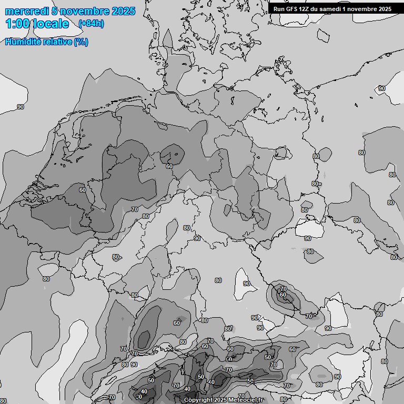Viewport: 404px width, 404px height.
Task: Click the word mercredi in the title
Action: [25, 11]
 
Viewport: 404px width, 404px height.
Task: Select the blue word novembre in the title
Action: [82, 11]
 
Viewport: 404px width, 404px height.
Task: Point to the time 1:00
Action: [17, 24]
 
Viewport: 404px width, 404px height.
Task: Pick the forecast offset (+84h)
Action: [91, 24]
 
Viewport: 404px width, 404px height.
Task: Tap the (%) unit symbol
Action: [81, 42]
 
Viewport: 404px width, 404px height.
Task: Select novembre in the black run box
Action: [364, 9]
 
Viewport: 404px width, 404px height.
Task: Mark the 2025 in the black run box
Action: [385, 9]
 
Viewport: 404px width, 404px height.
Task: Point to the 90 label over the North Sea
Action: [21, 107]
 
